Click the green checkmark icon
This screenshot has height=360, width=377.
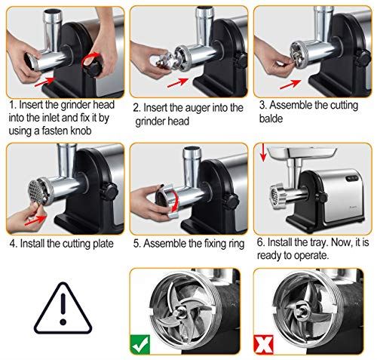pos(140,345)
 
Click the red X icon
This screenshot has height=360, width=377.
pos(263,345)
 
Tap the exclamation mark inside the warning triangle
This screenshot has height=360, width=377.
pos(63,309)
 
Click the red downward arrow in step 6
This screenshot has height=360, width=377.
pos(263,152)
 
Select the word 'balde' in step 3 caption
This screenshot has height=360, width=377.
pos(271,118)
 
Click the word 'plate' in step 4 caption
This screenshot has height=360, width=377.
pos(103,244)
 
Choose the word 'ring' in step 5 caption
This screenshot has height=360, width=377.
pos(236,244)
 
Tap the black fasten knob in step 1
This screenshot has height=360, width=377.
pos(93,66)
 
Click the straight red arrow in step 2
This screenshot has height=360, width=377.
pos(178,83)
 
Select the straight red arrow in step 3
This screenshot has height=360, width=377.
pos(290,85)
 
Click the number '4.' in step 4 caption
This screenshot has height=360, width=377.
pos(14,244)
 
